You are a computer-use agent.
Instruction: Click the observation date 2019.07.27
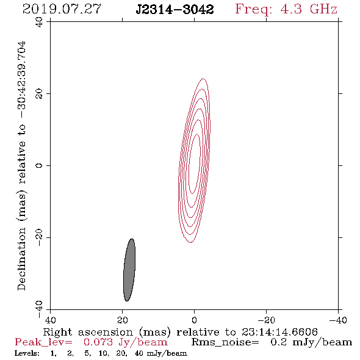[x=62, y=9]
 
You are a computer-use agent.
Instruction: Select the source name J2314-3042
[x=175, y=9]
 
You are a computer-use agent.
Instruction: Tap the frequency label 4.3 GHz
[x=309, y=9]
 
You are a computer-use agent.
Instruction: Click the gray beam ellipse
[x=129, y=270]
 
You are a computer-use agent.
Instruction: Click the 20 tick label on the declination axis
[x=39, y=94]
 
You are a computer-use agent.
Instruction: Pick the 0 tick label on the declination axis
[x=39, y=165]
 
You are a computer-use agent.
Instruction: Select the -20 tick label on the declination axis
[x=39, y=238]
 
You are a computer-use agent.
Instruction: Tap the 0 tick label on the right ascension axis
[x=194, y=320]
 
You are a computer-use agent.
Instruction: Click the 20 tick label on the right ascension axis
[x=122, y=320]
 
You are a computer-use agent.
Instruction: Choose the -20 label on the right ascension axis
[x=266, y=320]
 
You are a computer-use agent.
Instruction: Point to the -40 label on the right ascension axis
[x=338, y=320]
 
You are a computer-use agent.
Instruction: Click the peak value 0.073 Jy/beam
[x=126, y=342]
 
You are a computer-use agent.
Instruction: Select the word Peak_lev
[x=43, y=342]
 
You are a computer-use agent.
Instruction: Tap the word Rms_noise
[x=225, y=342]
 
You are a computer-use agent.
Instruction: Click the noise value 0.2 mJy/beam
[x=311, y=342]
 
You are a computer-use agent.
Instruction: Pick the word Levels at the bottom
[x=27, y=353]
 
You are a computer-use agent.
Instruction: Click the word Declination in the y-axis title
[x=21, y=259]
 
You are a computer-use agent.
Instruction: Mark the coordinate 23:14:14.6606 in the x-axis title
[x=279, y=332]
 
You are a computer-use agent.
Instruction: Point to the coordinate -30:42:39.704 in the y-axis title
[x=21, y=79]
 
